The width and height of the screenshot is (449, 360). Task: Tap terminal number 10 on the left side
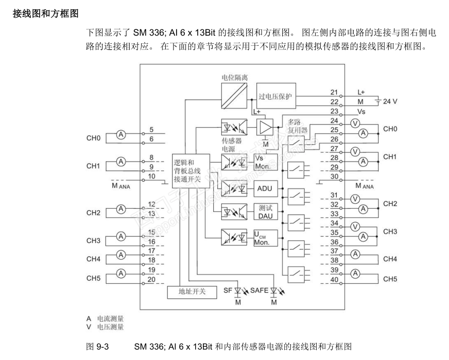coord(151,176)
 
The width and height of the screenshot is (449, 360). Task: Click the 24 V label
coord(389,101)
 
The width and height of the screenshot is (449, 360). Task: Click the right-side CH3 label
coord(390,232)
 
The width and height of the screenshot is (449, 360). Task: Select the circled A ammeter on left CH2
coord(121,209)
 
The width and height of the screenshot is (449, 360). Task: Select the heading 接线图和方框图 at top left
coord(45,12)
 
